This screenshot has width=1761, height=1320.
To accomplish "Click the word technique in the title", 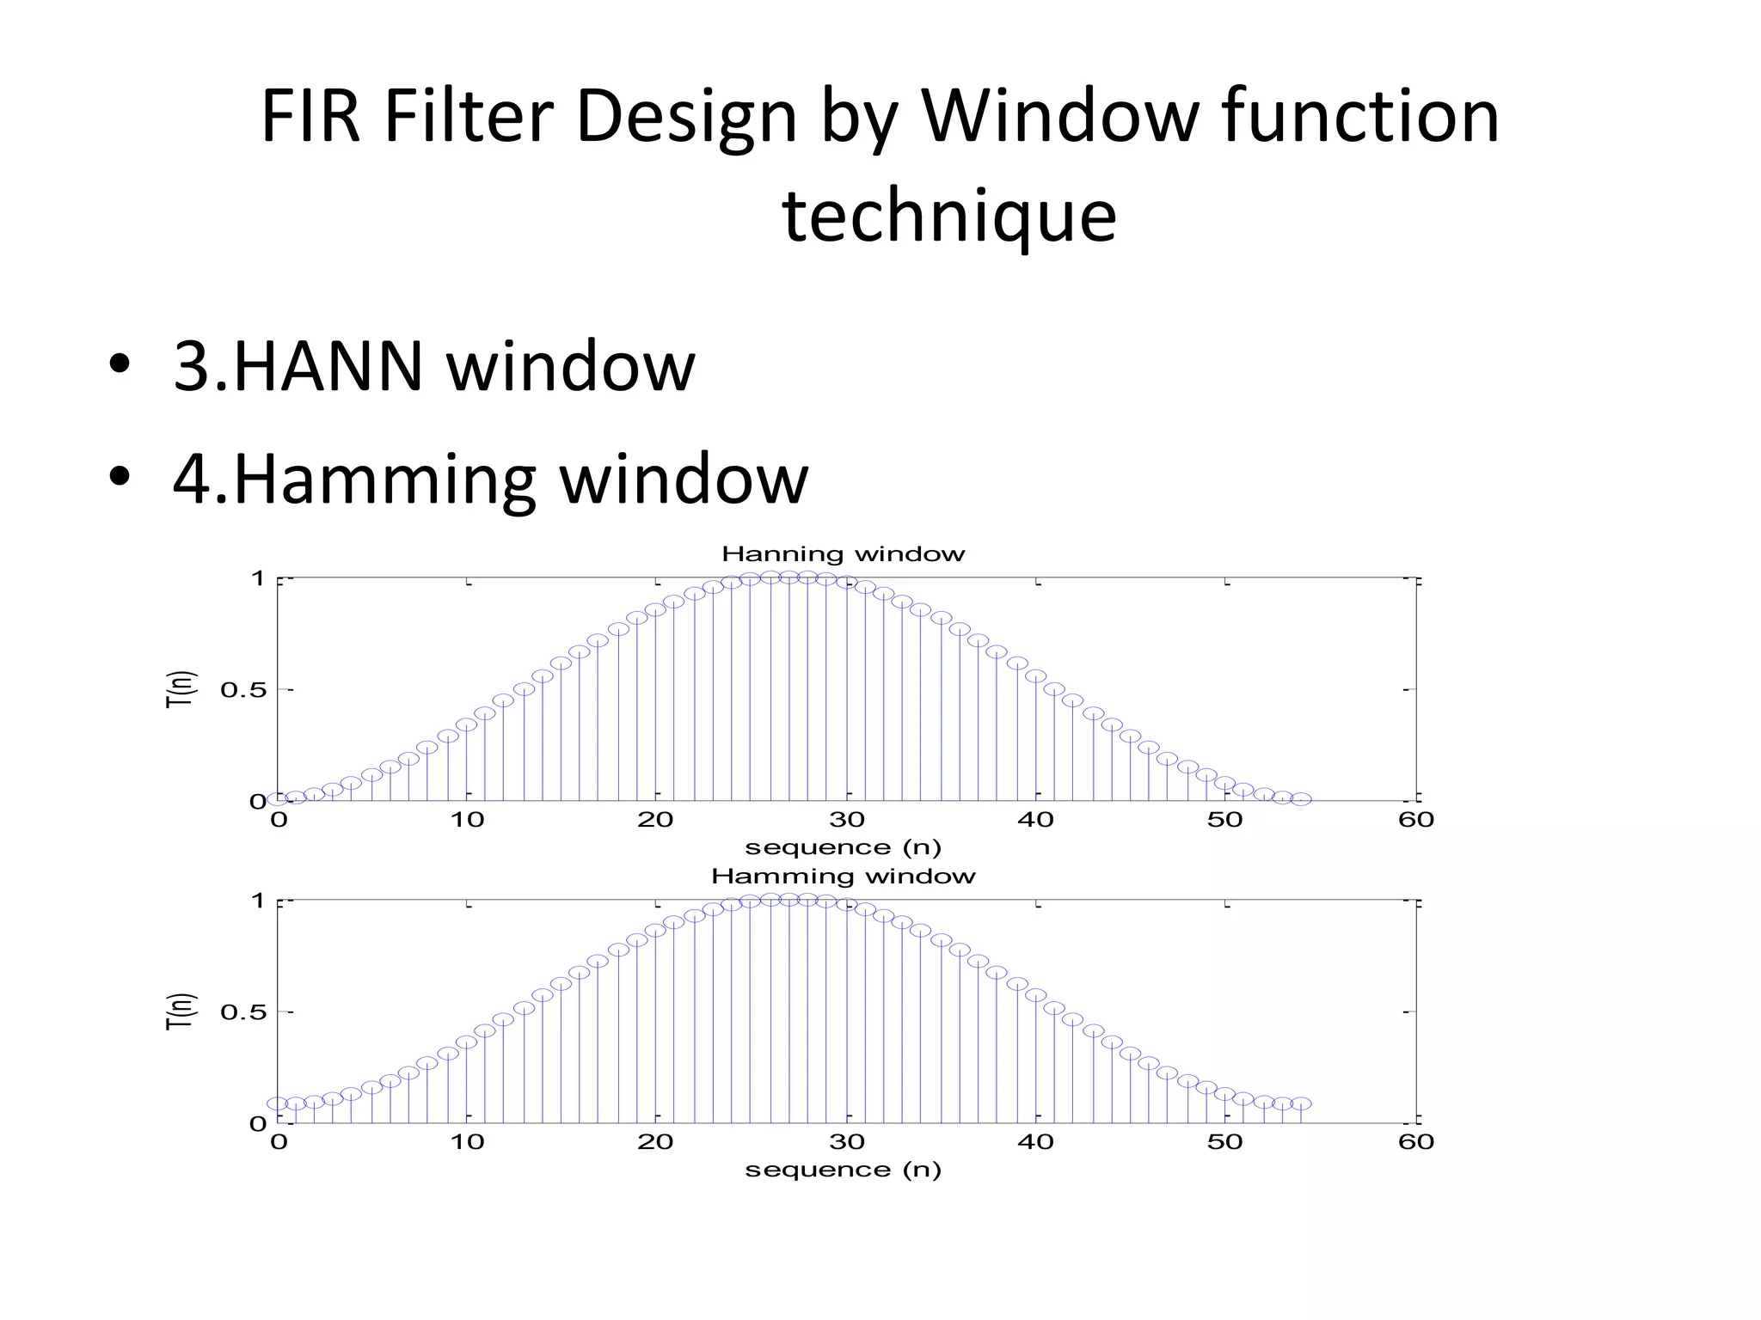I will [x=948, y=216].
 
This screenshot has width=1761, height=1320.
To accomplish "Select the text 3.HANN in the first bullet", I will [x=298, y=367].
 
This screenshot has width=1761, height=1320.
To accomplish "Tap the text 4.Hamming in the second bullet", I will [x=353, y=479].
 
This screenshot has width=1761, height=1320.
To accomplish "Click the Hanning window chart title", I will [x=843, y=554].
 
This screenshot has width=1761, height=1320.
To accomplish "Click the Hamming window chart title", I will [x=843, y=877].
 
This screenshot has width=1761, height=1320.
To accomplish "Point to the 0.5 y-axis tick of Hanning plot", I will [x=243, y=690].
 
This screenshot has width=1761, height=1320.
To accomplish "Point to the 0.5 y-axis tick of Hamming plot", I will [x=243, y=1012].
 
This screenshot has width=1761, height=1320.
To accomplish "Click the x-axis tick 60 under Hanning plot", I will [x=1415, y=820].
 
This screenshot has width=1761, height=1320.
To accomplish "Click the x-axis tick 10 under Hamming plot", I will [x=467, y=1142].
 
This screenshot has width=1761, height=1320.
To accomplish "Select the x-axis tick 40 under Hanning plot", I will [x=1035, y=820].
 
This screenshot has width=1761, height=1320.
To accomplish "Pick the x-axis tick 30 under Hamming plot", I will [x=846, y=1142].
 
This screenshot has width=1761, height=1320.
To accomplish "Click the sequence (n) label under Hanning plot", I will [x=843, y=847].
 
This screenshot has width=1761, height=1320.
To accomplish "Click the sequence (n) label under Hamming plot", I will [x=843, y=1170].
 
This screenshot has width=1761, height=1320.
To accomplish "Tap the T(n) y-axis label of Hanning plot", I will [x=181, y=689].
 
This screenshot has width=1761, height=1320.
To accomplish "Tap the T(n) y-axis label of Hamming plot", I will [x=181, y=1011].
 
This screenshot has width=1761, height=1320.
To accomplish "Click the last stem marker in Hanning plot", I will [x=1301, y=799].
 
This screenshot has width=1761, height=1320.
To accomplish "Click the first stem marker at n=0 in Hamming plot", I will [x=277, y=1103].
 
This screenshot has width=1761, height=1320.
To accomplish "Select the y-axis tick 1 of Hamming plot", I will [x=257, y=901].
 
